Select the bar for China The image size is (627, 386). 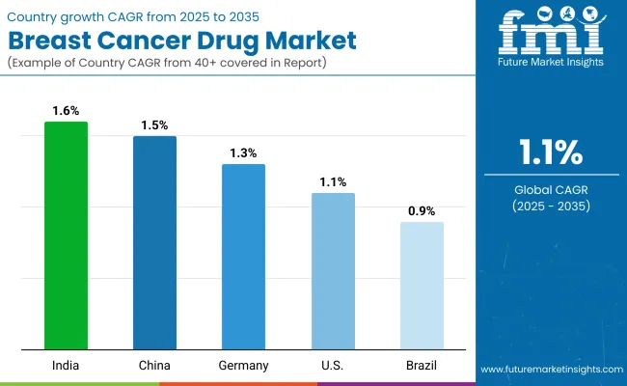click(154, 243)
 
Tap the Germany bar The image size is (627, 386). click(243, 257)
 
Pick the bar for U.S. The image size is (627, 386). click(333, 271)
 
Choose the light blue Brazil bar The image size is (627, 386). click(422, 286)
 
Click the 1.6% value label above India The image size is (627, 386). click(66, 110)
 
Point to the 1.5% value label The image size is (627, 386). click(154, 124)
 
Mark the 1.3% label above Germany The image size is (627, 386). click(243, 152)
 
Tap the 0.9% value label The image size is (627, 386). click(422, 210)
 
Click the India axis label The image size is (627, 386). click(66, 365)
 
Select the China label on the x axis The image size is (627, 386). click(154, 365)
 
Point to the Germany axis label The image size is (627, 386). click(243, 365)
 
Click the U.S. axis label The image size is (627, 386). click(333, 365)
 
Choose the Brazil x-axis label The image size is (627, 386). click(422, 365)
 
